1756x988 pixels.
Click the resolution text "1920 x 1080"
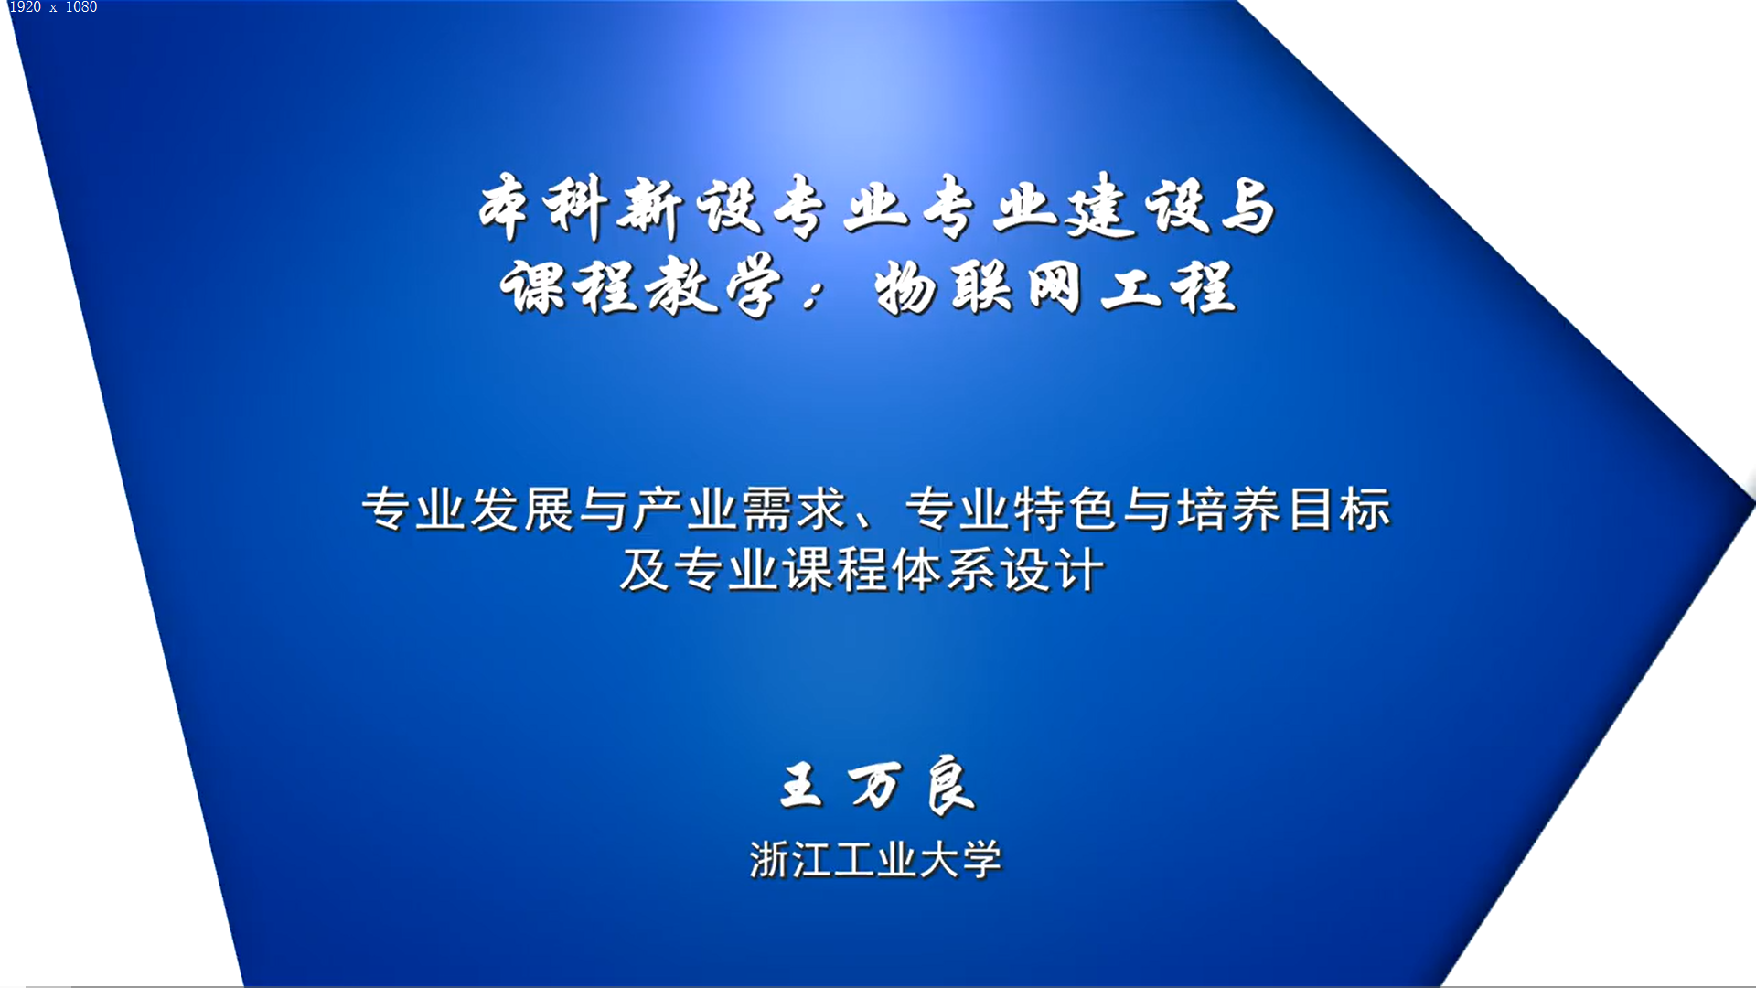click(x=53, y=7)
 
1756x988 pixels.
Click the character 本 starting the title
click(x=504, y=208)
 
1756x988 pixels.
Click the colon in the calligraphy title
click(x=812, y=295)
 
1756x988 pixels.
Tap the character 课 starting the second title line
click(x=532, y=286)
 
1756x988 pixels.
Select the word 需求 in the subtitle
click(x=794, y=509)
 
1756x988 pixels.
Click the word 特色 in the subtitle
click(x=1066, y=509)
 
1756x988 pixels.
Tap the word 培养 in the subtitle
click(x=1228, y=509)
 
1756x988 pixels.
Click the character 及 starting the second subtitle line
click(x=645, y=569)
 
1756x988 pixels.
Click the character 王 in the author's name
click(x=801, y=786)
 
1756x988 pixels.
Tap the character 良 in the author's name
click(x=950, y=785)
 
